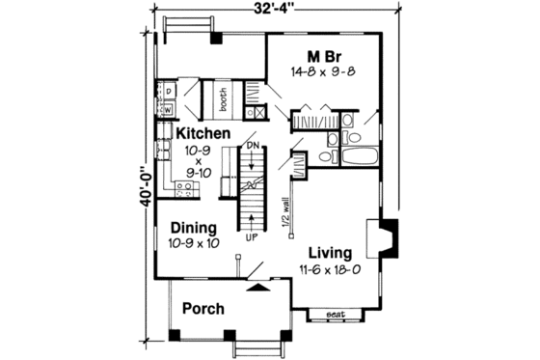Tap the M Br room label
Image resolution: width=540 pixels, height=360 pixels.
coord(322,55)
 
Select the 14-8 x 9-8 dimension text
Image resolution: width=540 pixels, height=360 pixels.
coord(322,72)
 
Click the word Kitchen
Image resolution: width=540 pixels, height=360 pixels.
coord(202,132)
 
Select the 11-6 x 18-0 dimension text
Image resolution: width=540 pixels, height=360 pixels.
coord(327,270)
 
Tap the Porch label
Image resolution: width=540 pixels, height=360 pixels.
coord(203,310)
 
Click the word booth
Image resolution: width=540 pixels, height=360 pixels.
coord(221,97)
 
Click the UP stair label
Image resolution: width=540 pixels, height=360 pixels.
coord(254,235)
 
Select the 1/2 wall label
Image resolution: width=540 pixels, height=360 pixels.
coord(286,209)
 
